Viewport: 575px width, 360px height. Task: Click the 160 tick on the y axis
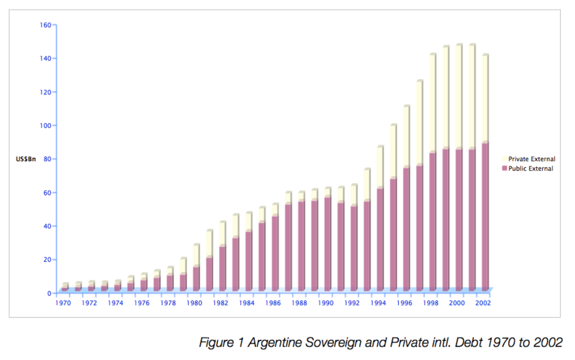(x=45, y=25)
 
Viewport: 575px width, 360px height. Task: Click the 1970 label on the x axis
(x=63, y=303)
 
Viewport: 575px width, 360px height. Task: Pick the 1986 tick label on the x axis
(x=273, y=303)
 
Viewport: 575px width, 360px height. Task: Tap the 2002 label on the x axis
(x=483, y=303)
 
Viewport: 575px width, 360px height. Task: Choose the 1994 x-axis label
(x=378, y=303)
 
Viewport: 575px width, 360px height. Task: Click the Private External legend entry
(x=532, y=160)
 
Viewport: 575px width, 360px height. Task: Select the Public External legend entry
(x=531, y=168)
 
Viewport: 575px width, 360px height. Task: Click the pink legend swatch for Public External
(x=504, y=168)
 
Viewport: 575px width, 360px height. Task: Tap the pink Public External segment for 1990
(x=327, y=244)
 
